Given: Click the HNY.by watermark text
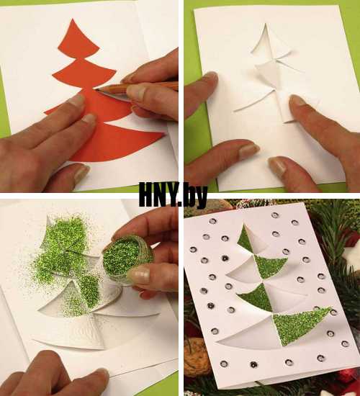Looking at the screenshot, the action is click(x=173, y=194).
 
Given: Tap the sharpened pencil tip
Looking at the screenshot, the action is click(x=96, y=89).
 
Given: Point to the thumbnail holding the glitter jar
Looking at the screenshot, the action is click(x=138, y=274).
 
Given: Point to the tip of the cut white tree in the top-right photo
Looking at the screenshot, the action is click(x=266, y=24).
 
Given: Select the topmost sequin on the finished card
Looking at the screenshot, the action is click(x=275, y=215).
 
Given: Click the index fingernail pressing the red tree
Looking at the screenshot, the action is click(x=76, y=100).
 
